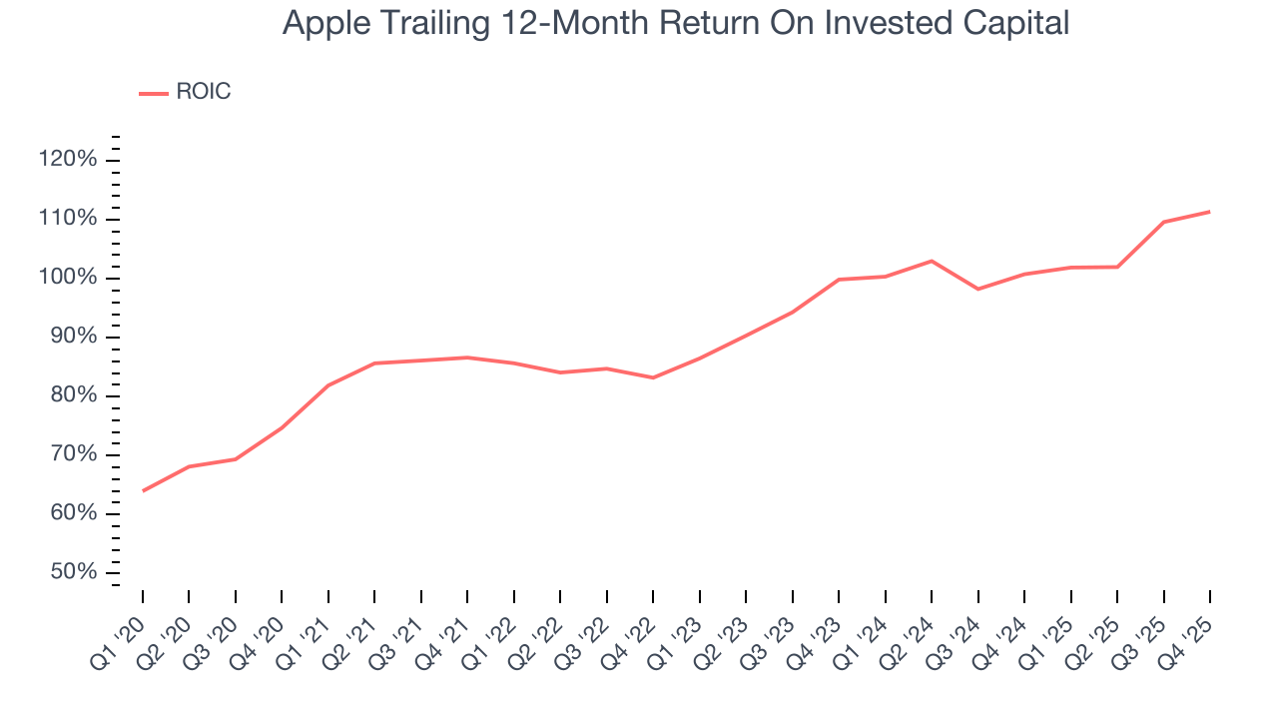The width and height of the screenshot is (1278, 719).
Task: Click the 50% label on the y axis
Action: pyautogui.click(x=74, y=572)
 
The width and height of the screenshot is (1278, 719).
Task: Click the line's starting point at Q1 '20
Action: pyautogui.click(x=143, y=490)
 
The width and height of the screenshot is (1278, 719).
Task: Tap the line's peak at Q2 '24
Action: pyautogui.click(x=932, y=261)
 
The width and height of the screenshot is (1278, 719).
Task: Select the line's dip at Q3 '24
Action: pyautogui.click(x=978, y=289)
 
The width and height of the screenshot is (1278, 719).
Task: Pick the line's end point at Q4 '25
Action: pyautogui.click(x=1210, y=211)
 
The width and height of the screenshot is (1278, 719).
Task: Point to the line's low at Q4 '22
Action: pyautogui.click(x=653, y=377)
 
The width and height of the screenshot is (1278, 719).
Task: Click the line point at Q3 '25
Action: pyautogui.click(x=1164, y=222)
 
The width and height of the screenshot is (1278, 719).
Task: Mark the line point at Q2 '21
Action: pyautogui.click(x=374, y=362)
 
